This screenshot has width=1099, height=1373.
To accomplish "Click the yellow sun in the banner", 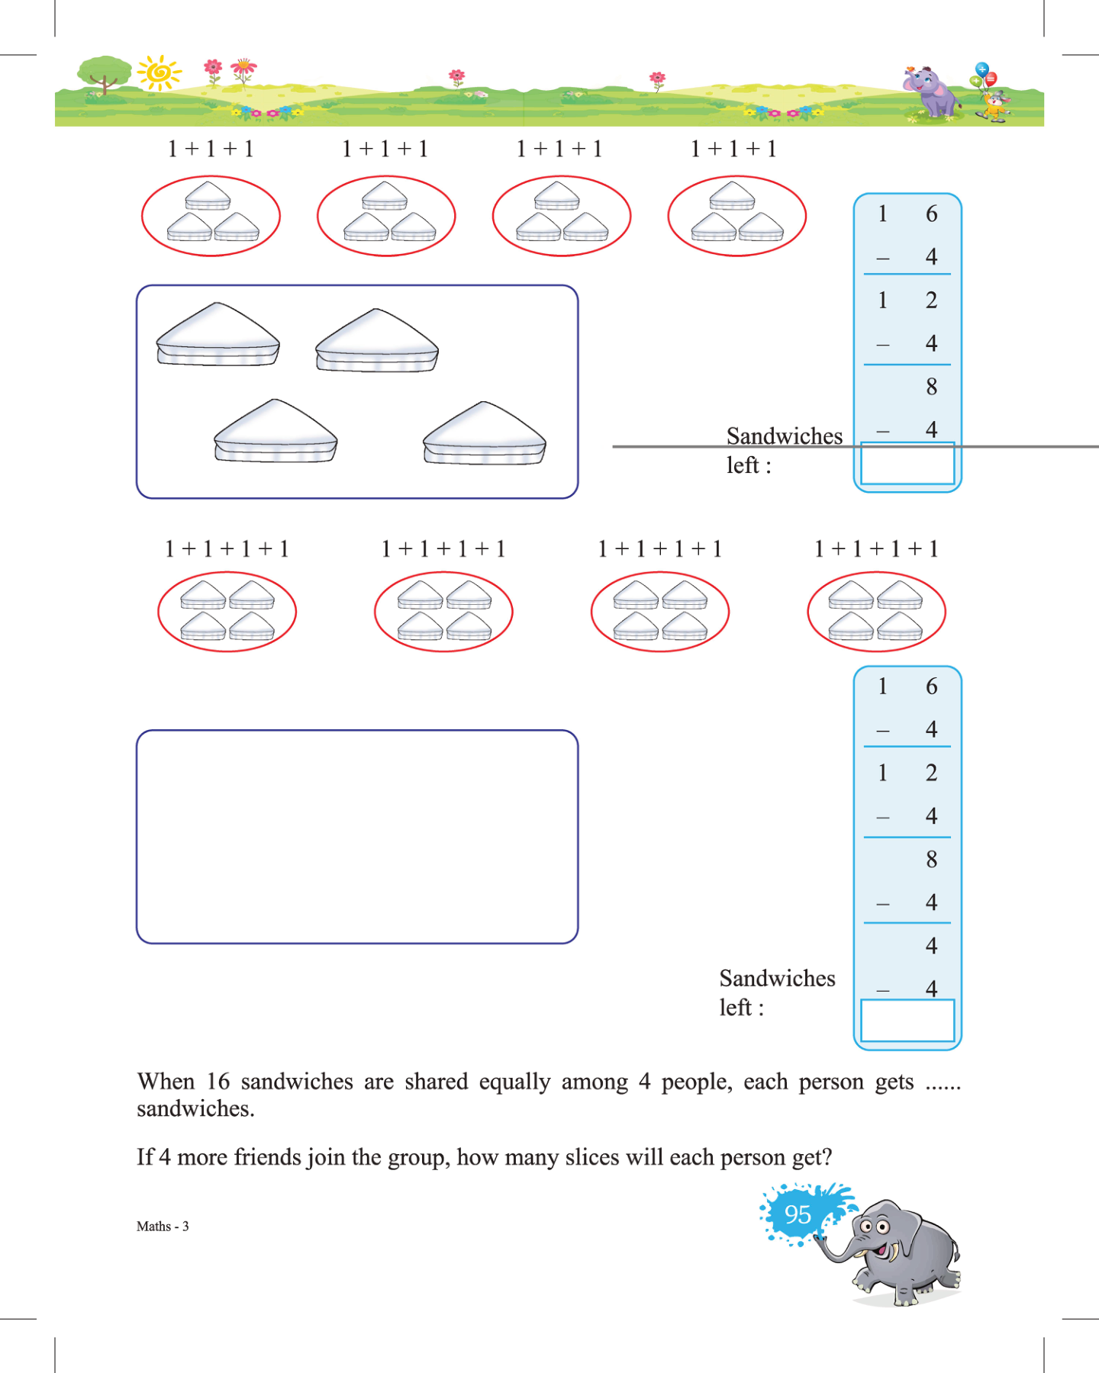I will (160, 73).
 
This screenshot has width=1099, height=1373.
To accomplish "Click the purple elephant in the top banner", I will (932, 92).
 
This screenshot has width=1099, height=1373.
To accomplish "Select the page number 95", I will (798, 1214).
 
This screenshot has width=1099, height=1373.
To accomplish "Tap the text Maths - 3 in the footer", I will (163, 1227).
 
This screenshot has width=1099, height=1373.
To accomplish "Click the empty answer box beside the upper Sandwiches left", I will (907, 464).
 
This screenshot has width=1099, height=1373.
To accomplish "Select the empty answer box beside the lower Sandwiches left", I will (907, 1021).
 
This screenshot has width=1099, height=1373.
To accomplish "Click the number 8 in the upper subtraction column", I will (931, 387).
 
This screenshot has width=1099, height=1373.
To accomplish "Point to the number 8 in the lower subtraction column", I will (931, 860).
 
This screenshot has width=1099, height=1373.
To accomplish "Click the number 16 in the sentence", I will (218, 1082).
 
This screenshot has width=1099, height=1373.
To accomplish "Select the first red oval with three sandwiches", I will (211, 216).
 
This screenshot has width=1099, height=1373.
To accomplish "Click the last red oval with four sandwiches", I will (876, 612).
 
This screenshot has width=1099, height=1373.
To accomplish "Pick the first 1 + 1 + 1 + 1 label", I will (227, 549).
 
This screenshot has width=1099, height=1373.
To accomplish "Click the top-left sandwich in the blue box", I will (218, 335).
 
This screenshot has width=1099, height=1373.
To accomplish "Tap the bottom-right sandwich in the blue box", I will (485, 434).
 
